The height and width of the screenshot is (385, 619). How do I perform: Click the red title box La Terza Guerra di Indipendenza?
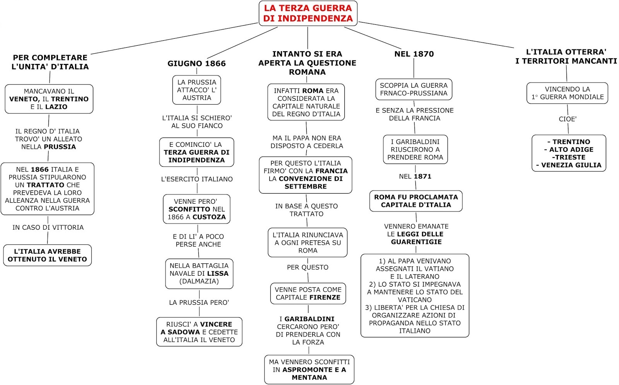coord(308,13)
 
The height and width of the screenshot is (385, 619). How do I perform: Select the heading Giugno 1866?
coord(197,64)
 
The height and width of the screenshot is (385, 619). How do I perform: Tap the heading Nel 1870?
coord(414,54)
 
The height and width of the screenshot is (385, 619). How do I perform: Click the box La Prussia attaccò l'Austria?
coord(197,90)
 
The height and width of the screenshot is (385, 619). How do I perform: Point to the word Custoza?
coord(209,217)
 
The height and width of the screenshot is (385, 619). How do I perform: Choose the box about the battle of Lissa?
coord(199,273)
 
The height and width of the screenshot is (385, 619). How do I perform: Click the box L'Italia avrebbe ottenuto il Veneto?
coord(48,255)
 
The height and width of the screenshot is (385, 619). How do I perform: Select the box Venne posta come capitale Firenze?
coord(308,294)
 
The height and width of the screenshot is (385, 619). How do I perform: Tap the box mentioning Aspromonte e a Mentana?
coord(309,370)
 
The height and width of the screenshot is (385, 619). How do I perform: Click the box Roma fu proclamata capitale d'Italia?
coord(416,201)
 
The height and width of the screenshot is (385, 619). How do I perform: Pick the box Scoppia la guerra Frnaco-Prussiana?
coord(414,89)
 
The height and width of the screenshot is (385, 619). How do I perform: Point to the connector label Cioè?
coord(568,119)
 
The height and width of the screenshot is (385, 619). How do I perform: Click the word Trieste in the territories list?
coord(569,157)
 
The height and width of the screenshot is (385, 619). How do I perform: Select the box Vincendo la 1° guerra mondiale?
coord(567,93)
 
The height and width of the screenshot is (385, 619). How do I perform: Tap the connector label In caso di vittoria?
coord(48,227)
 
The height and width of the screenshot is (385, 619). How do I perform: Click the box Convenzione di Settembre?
coord(306,175)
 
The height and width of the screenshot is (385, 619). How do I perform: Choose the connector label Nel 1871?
coord(415,177)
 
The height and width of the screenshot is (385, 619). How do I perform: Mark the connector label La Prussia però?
coord(199,302)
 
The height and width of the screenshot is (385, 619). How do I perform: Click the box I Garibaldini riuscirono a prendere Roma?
coord(415,150)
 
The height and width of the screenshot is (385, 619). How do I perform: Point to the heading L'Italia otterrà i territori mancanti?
coord(566,57)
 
